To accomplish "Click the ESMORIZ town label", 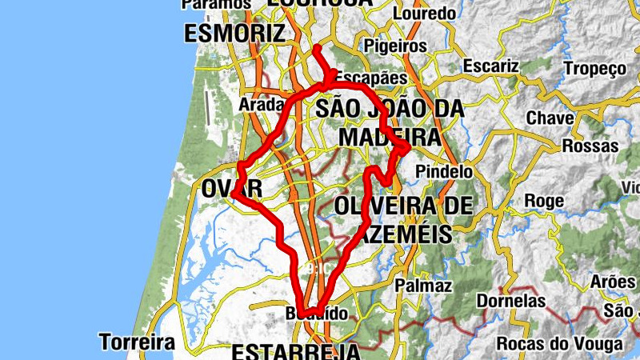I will point(234,34).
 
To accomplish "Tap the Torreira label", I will point(137,342).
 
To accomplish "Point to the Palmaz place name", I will point(423,286).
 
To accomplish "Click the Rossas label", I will point(590,146).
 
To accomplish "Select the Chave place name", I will point(550,118).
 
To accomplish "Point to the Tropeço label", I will point(594,69).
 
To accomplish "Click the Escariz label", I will point(491,66).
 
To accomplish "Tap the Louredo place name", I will point(425,14).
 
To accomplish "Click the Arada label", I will point(262,104).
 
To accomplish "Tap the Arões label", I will point(612,282).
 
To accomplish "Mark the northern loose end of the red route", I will point(317,48).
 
